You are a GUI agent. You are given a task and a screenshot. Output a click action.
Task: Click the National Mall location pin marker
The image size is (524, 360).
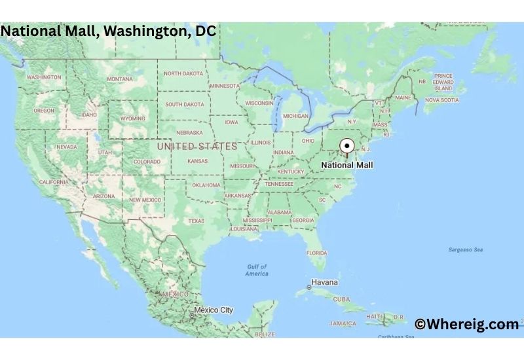coord(347,147)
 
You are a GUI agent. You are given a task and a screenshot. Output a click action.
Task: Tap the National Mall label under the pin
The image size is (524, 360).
coord(347,166)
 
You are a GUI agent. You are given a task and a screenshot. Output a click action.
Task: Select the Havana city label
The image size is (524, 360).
coord(324,283)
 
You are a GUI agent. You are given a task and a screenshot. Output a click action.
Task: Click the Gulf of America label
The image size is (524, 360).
coord(257,270)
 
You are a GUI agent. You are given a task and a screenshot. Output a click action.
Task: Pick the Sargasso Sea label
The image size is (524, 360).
coord(465,250)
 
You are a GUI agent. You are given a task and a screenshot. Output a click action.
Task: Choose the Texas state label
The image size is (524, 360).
coord(196,221)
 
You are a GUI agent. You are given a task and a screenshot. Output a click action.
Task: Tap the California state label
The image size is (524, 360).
coord(54,182)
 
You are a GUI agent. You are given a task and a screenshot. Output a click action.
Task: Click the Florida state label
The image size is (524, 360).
coord(317,253)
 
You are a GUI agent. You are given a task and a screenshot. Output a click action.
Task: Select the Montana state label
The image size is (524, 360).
coord(120,79)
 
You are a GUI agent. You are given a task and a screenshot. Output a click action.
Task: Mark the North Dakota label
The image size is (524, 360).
coord(183,74)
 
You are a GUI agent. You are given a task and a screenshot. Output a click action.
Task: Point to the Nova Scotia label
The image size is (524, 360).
coord(441,100)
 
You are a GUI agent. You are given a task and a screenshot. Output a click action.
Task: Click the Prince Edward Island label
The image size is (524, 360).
coord(443,82)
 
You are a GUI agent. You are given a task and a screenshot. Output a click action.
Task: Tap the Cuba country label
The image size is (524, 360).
coord(341,299)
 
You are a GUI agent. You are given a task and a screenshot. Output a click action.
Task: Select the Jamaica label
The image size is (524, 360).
coord(343,323)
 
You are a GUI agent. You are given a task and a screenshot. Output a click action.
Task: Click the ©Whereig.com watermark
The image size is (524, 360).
coord(466,323)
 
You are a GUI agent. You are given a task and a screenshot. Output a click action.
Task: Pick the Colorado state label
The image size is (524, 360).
coord(147,162)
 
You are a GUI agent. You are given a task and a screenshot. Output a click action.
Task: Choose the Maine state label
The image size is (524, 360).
coord(403,98)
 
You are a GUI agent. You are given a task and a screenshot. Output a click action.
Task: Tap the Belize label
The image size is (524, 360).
coord(265,334)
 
